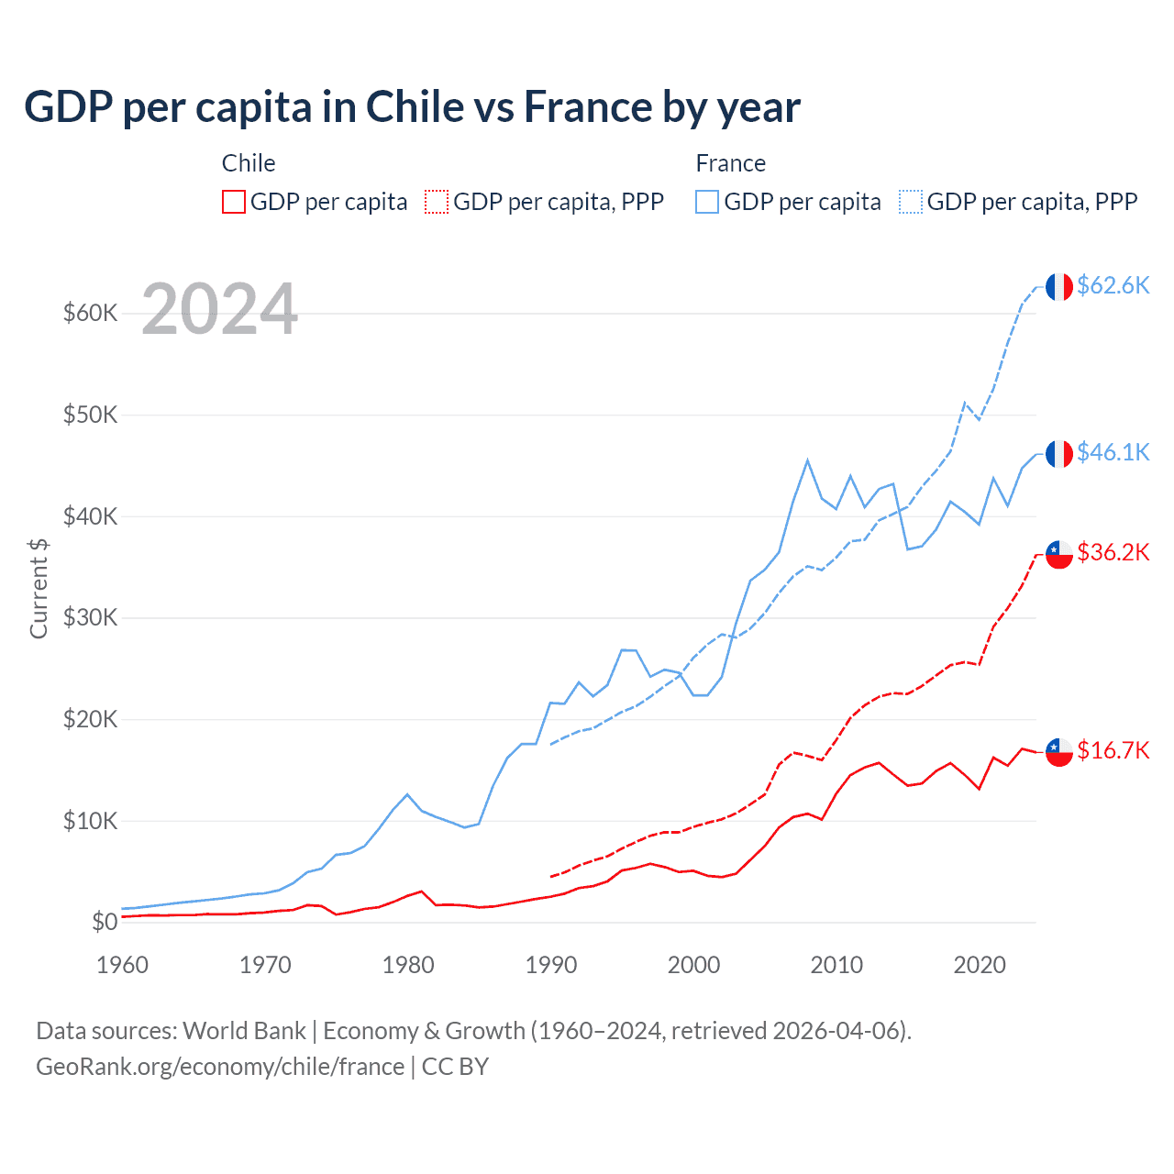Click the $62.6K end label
coord(1113,285)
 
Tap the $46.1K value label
coord(1113,452)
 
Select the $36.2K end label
coord(1113,552)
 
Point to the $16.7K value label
coord(1113,750)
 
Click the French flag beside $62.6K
coord(1059,287)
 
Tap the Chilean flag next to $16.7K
coord(1059,752)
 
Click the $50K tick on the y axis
coord(90,415)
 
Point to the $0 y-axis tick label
coord(105,922)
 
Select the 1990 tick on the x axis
coord(551,965)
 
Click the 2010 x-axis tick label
coord(836,965)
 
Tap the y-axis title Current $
coord(39,588)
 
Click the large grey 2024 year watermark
coord(219,309)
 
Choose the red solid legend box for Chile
coord(234,202)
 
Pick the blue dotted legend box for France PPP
coord(911,202)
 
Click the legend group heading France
coord(730,163)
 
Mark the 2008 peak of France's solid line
coord(807,460)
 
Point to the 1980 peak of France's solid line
coord(407,794)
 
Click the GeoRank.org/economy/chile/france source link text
coord(220,1067)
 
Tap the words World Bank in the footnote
coord(244,1031)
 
